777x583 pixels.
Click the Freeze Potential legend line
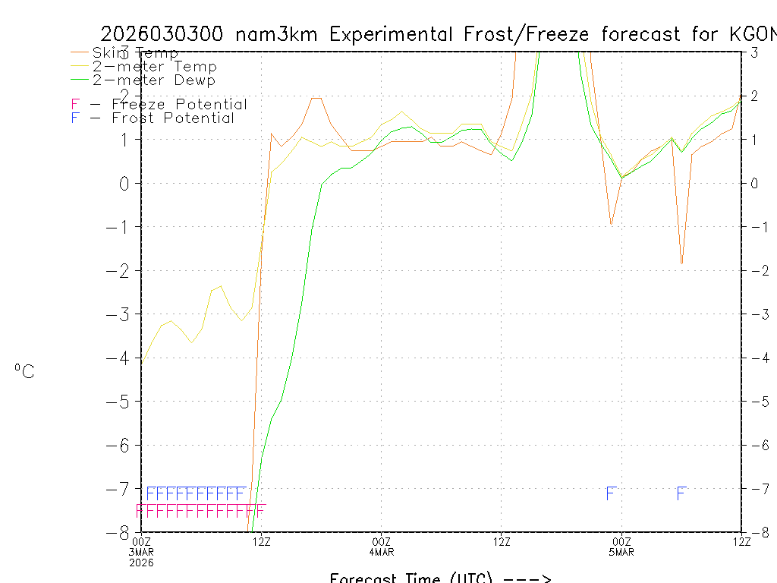tap(159, 105)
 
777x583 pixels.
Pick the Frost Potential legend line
tap(153, 118)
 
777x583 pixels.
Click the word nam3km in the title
tap(277, 34)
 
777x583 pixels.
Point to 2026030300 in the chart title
tap(162, 34)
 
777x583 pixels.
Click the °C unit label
tap(24, 372)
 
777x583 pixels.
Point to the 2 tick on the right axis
tap(754, 96)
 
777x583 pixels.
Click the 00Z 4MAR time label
tap(382, 546)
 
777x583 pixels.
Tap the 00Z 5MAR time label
tap(622, 546)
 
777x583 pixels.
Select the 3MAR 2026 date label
tap(143, 557)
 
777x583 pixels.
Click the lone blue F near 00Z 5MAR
tap(610, 494)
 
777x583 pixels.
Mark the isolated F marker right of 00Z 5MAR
tap(681, 494)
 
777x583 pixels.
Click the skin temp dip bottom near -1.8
tap(681, 263)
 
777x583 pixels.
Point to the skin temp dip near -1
tap(611, 224)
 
